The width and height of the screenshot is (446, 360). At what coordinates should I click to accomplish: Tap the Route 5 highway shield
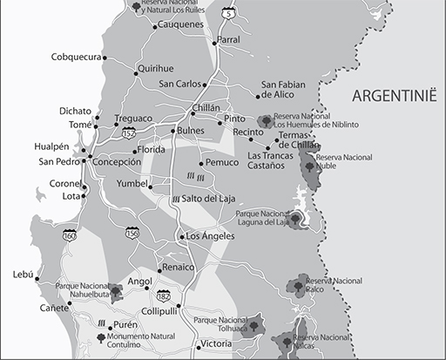coord(227,12)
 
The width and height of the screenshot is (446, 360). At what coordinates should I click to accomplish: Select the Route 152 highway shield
coord(129,132)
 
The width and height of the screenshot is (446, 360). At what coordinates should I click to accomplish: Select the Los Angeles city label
coord(207,236)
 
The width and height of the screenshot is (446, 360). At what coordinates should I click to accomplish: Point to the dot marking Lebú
coord(37,279)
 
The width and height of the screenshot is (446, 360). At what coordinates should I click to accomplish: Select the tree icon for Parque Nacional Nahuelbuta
coord(115,288)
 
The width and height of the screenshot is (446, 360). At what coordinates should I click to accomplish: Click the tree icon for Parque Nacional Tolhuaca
coord(254,327)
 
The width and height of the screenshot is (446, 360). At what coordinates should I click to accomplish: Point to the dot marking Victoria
coord(196,344)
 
